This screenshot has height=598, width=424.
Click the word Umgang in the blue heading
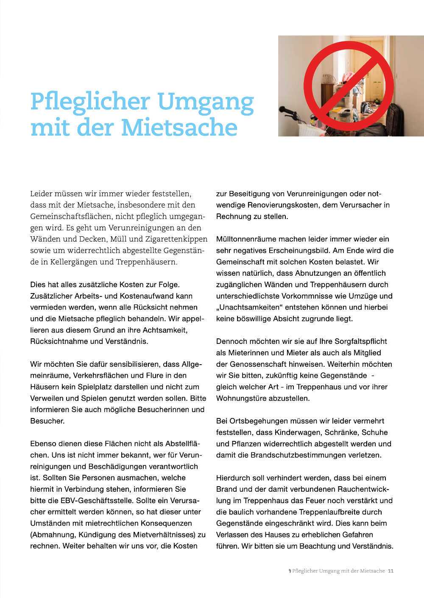pos(206,102)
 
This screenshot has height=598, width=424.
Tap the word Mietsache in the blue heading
pos(179,127)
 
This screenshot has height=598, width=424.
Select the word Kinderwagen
pos(298,432)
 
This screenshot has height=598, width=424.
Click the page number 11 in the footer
pos(391,571)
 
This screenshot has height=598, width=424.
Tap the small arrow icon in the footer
pos(290,571)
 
